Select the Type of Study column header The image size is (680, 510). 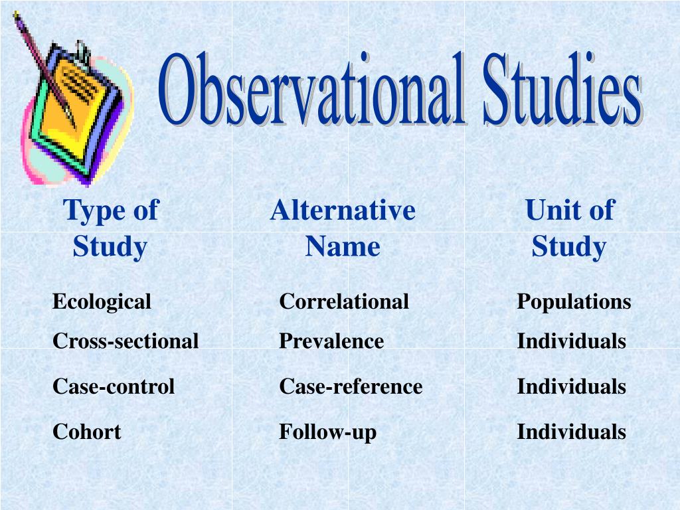pyautogui.click(x=110, y=228)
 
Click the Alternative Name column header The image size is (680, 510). pyautogui.click(x=343, y=228)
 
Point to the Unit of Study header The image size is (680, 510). pyautogui.click(x=569, y=228)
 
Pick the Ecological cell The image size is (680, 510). pyautogui.click(x=102, y=301)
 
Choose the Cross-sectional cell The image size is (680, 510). pyautogui.click(x=126, y=341)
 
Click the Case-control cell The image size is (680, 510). pyautogui.click(x=114, y=386)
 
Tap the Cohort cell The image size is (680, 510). pyautogui.click(x=86, y=432)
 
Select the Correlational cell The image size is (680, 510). pyautogui.click(x=343, y=301)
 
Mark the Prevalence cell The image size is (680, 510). pyautogui.click(x=331, y=341)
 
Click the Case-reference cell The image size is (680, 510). pyautogui.click(x=351, y=386)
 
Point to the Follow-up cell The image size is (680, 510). pyautogui.click(x=327, y=433)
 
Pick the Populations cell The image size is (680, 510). pyautogui.click(x=574, y=301)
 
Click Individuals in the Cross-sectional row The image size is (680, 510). pyautogui.click(x=571, y=341)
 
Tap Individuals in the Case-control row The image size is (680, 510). pyautogui.click(x=571, y=386)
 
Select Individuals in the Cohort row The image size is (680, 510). pyautogui.click(x=571, y=432)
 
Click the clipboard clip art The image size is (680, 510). pyautogui.click(x=76, y=113)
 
